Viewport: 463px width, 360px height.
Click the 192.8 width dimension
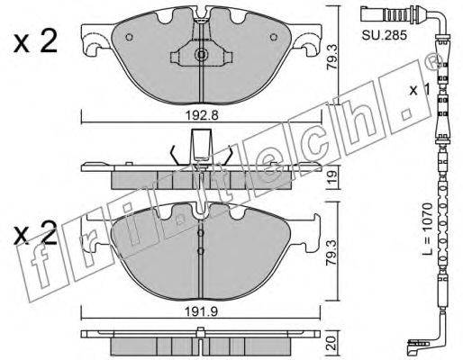pyautogui.click(x=201, y=115)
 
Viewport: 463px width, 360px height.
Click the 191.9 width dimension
pyautogui.click(x=201, y=312)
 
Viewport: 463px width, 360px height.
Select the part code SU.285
pyautogui.click(x=384, y=35)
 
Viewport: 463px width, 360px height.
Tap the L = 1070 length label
pyautogui.click(x=427, y=229)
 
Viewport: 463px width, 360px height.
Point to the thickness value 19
pyautogui.click(x=332, y=177)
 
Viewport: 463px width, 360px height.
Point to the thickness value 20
pyautogui.click(x=332, y=343)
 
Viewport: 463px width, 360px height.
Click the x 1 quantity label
pyautogui.click(x=420, y=90)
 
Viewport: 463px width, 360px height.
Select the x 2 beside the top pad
pyautogui.click(x=35, y=42)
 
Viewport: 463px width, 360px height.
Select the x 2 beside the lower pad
pyautogui.click(x=35, y=232)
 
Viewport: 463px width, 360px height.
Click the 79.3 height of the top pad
pyautogui.click(x=332, y=58)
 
